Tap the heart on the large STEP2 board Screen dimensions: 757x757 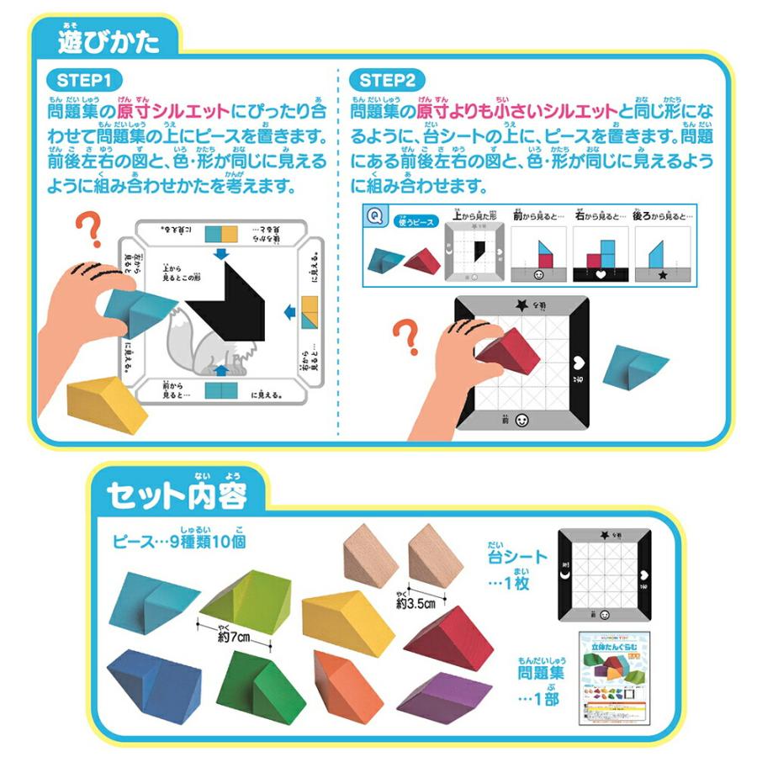(580, 364)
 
